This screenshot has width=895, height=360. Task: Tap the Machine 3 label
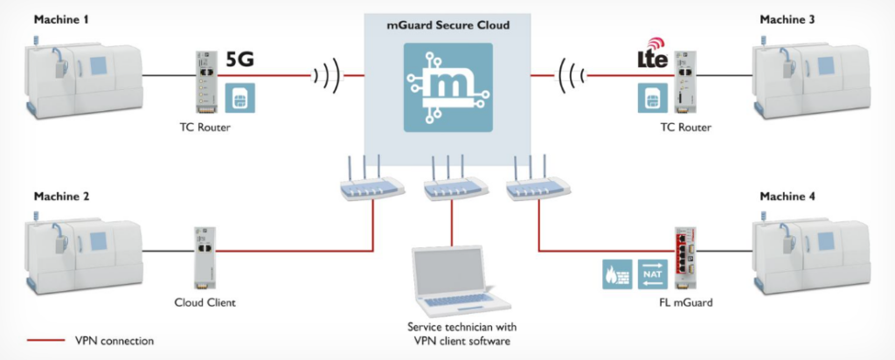coord(784,19)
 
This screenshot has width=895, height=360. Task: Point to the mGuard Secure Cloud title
coord(447,26)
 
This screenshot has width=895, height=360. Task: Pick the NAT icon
coord(652,273)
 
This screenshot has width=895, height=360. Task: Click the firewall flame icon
coord(615,273)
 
